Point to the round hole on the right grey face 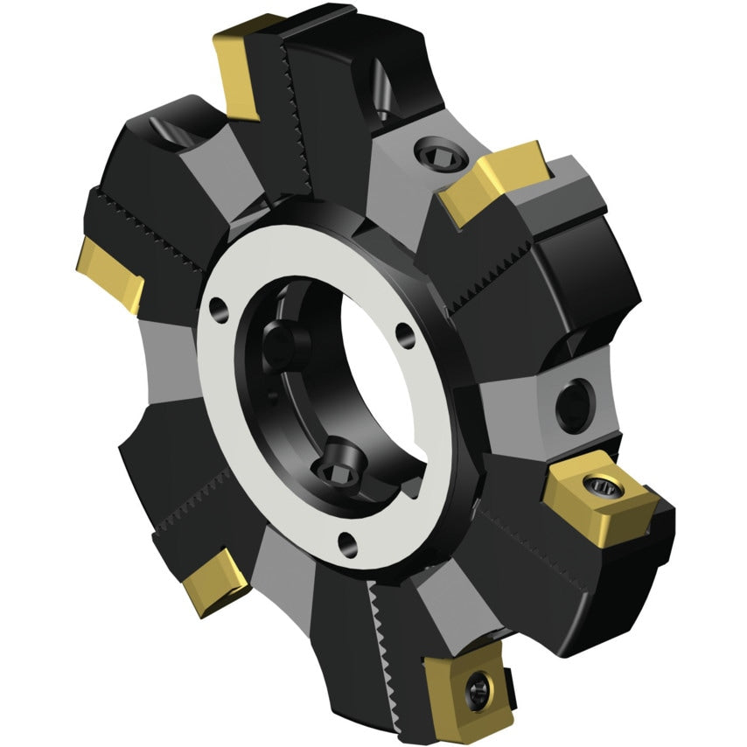click(573, 402)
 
